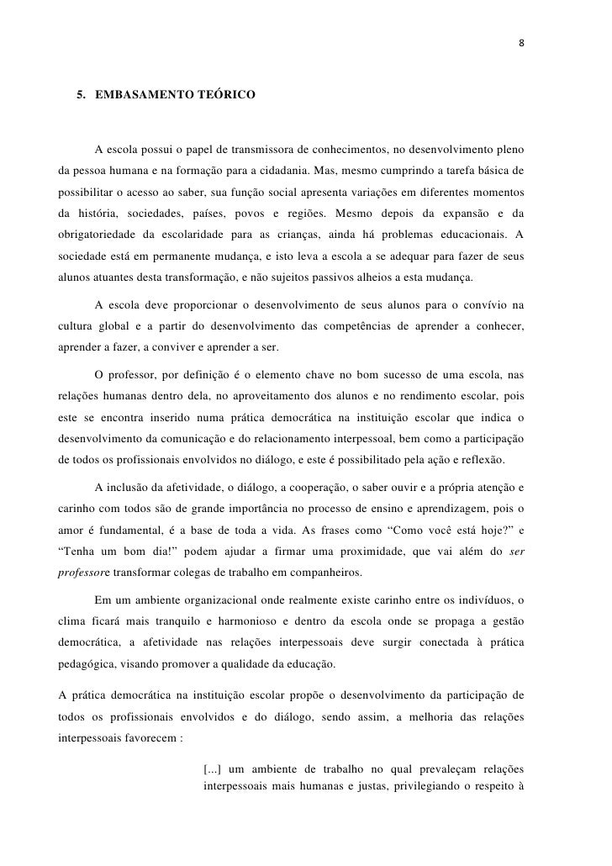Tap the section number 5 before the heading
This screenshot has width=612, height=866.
pyautogui.click(x=81, y=98)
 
